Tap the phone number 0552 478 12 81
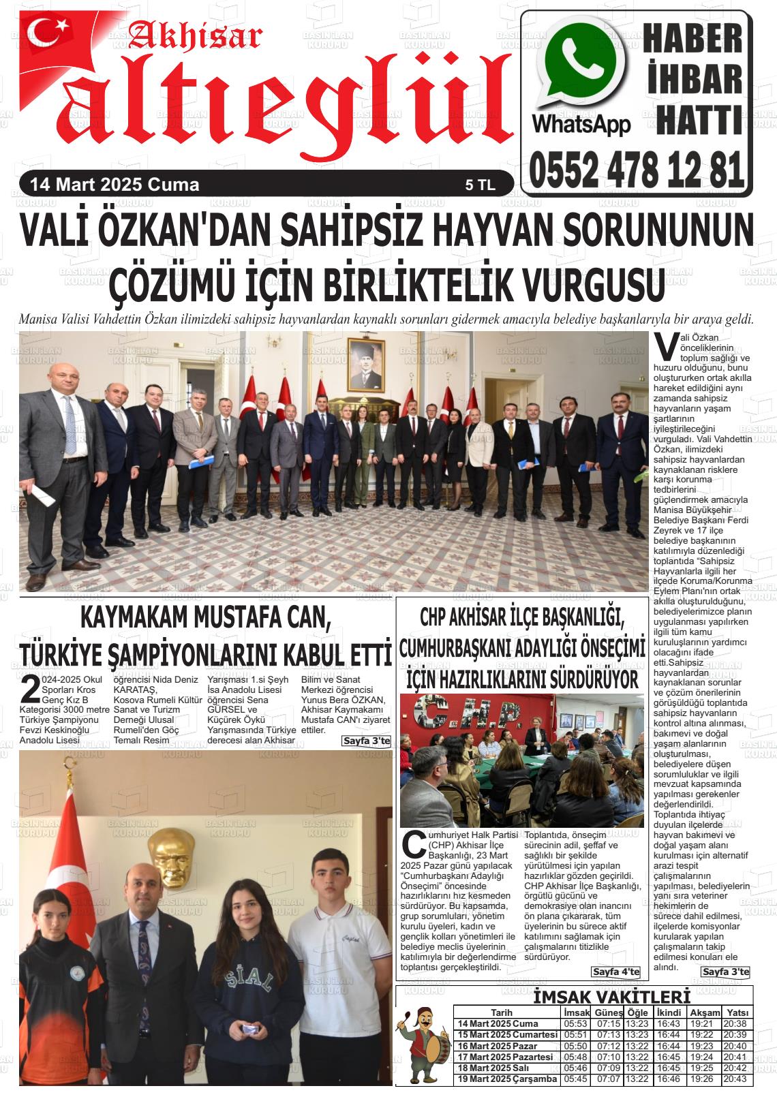635,170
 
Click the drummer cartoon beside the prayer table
423,1047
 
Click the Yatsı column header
737,1012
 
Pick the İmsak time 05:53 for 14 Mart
576,1024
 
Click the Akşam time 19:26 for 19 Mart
701,1079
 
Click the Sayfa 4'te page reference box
616,971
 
